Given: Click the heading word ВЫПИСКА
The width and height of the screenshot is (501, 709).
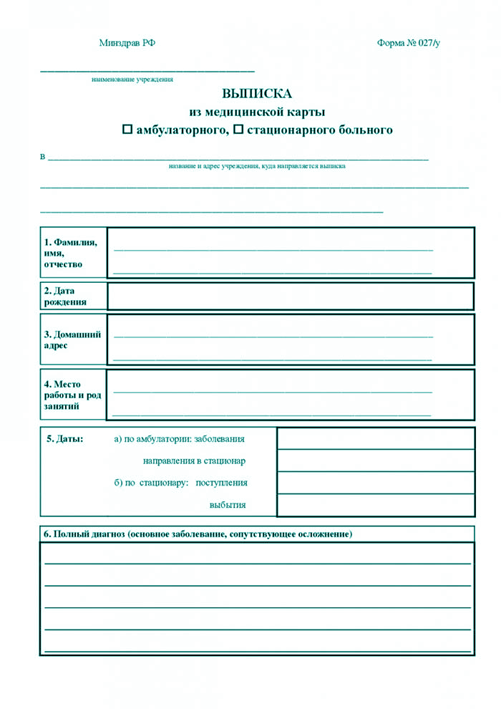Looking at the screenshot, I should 257,94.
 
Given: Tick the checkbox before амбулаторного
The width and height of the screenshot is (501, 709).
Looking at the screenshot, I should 127,130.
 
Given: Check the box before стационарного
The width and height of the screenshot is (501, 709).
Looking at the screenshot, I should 239,130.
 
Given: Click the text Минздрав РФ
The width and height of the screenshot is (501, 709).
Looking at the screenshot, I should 127,43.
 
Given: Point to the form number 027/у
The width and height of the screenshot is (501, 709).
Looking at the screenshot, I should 409,43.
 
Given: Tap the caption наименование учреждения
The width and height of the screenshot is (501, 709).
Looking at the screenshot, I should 132,79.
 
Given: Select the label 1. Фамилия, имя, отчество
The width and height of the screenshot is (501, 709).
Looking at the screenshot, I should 71,253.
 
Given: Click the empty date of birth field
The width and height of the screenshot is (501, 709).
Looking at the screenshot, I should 291,296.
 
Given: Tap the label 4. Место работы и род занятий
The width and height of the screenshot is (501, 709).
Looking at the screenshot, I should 71,395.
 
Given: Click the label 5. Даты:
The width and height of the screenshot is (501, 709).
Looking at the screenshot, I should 64,438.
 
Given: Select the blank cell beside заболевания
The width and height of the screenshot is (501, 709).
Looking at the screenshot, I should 375,438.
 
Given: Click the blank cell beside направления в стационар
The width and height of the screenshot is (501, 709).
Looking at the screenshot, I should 375,460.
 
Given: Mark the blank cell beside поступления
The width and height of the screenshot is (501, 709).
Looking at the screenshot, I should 375,483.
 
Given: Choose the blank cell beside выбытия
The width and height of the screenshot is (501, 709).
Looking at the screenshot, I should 375,505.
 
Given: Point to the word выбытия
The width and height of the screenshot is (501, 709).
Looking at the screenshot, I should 228,505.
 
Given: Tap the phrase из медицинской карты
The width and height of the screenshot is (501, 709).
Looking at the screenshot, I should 257,112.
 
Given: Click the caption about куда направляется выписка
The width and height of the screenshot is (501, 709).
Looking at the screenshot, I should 257,166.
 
